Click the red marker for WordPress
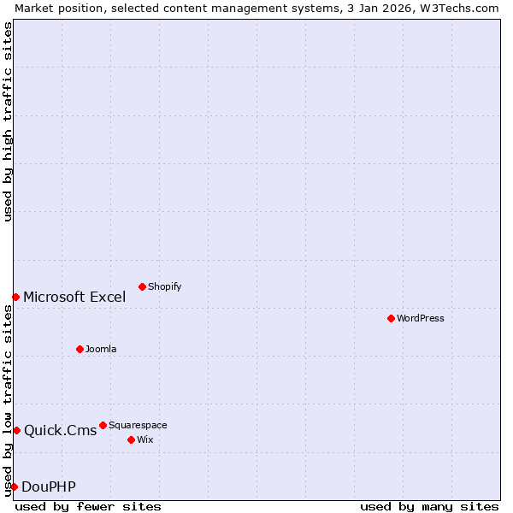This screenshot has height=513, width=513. pyautogui.click(x=391, y=318)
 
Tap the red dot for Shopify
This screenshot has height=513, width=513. pyautogui.click(x=142, y=286)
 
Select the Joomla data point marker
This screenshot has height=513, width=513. pyautogui.click(x=80, y=349)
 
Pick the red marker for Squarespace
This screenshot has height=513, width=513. pyautogui.click(x=103, y=425)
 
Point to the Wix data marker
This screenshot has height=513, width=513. pyautogui.click(x=131, y=439)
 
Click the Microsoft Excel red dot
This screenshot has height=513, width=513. pyautogui.click(x=15, y=297)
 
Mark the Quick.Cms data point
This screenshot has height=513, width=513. pyautogui.click(x=16, y=430)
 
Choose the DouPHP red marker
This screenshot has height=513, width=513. pyautogui.click(x=14, y=486)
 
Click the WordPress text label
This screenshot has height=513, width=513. pyautogui.click(x=421, y=318)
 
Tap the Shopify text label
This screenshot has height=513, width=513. pyautogui.click(x=165, y=286)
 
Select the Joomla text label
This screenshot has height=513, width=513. pyautogui.click(x=101, y=349)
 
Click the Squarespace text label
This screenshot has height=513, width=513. pyautogui.click(x=138, y=425)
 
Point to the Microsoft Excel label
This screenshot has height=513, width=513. pyautogui.click(x=74, y=298)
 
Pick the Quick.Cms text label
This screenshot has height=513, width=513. pyautogui.click(x=60, y=431)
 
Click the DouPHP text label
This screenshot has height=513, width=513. pyautogui.click(x=49, y=487)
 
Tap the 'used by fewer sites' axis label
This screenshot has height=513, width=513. pyautogui.click(x=88, y=506)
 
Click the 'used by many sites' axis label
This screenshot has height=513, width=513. pyautogui.click(x=429, y=506)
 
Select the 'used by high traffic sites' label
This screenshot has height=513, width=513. pyautogui.click(x=8, y=121)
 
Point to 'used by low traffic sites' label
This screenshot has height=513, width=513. pyautogui.click(x=8, y=400)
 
